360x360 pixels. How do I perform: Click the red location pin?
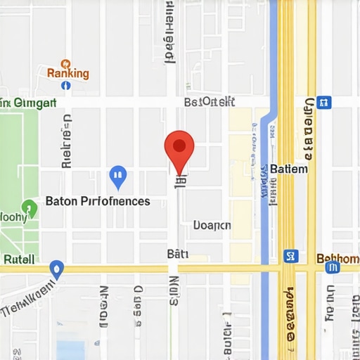tap(179, 147)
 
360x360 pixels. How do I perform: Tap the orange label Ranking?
tap(67, 73)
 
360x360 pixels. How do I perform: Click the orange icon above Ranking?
tap(65, 63)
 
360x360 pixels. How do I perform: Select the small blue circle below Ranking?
tap(66, 85)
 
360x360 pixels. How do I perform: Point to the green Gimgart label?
tap(28, 103)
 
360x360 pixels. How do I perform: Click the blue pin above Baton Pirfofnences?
tap(118, 176)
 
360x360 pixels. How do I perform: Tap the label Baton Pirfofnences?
tap(98, 201)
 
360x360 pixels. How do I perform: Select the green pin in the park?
tap(29, 208)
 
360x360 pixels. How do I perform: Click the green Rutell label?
tap(18, 259)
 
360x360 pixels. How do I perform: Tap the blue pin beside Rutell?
tap(56, 269)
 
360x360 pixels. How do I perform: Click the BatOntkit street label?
tap(209, 103)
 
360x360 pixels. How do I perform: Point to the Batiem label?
tap(288, 169)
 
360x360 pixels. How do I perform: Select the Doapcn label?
tap(212, 226)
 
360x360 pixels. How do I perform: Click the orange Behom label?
tap(337, 258)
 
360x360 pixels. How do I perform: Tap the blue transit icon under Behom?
tap(333, 267)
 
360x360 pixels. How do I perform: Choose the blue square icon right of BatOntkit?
tap(323, 103)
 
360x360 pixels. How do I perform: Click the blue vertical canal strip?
tap(264, 211)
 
